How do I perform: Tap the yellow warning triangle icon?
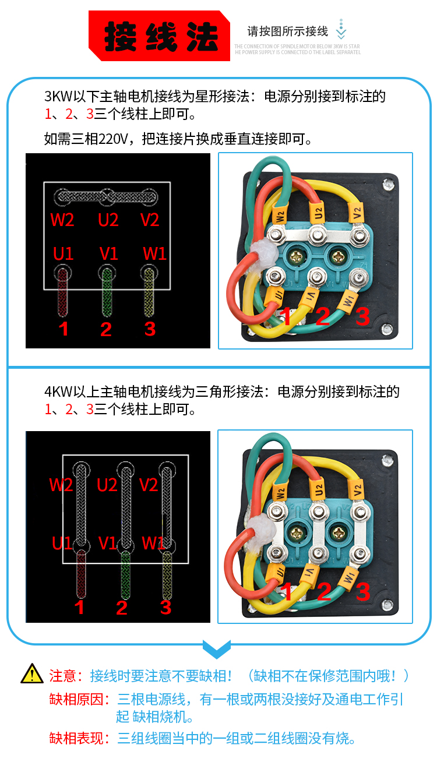point(32,674)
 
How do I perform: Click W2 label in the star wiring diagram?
point(62,220)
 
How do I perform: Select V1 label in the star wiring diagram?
point(109,253)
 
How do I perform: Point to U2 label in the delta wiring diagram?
point(108,485)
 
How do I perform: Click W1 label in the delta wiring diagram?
point(153,543)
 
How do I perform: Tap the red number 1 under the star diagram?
point(64,329)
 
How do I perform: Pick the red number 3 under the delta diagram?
point(166,608)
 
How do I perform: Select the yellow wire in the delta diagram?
point(168,577)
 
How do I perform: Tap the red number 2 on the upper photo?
point(323,316)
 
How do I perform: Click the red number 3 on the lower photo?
point(362,592)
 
